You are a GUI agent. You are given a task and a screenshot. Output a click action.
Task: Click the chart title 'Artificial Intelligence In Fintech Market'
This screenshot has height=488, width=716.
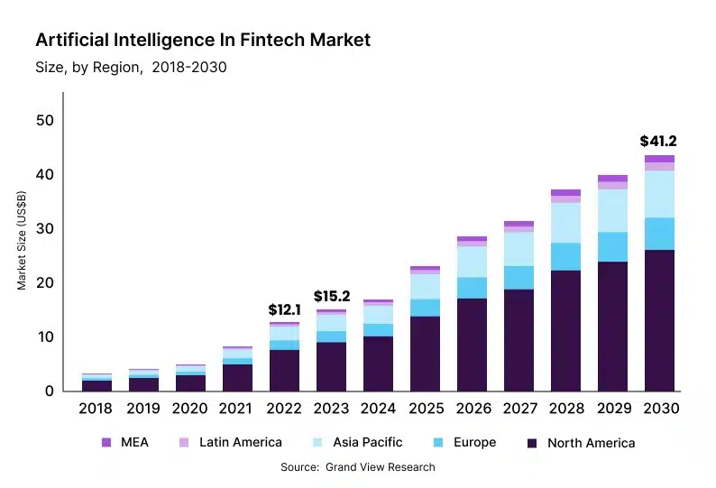tap(203, 41)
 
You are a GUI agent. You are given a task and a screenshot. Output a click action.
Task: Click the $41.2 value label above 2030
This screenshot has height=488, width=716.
tap(658, 141)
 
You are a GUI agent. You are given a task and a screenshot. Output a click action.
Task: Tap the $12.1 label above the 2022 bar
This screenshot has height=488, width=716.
tap(285, 309)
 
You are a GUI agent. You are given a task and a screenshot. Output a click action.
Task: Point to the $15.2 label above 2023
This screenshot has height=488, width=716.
tap(332, 296)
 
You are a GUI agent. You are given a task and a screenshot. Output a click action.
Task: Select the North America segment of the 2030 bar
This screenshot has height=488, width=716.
tap(659, 320)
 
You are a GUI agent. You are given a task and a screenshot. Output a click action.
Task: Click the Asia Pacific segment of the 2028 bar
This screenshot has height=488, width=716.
tap(565, 223)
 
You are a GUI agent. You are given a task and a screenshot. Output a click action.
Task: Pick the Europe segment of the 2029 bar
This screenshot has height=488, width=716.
tap(612, 246)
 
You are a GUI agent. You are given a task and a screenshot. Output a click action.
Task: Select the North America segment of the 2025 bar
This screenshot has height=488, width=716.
tap(425, 353)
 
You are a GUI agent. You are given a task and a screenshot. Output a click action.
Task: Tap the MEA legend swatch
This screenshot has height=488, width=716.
tap(106, 442)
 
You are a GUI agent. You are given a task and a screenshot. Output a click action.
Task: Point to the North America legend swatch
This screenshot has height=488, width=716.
tap(532, 443)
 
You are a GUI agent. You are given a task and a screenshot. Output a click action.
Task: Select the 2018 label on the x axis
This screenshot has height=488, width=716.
tap(96, 409)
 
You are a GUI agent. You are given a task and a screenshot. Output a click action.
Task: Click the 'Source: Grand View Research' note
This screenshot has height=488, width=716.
tap(358, 467)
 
